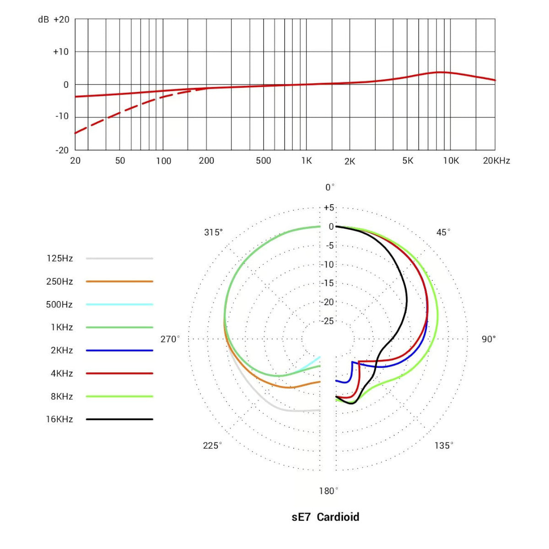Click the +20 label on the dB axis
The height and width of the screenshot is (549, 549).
[x=61, y=20]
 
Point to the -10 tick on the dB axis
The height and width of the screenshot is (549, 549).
[x=62, y=116]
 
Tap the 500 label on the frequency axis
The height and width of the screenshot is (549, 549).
[x=264, y=161]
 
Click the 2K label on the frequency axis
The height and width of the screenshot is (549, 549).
[x=350, y=161]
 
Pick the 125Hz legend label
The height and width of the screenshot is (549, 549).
[x=59, y=258]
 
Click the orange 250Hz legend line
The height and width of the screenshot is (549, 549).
[x=119, y=281]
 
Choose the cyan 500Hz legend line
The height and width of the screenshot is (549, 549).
[x=119, y=304]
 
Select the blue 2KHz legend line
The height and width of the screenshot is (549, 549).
[x=119, y=350]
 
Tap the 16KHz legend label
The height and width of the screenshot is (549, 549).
[x=59, y=419]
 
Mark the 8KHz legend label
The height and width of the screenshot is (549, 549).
[x=62, y=396]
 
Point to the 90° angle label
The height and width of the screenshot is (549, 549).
[x=489, y=339]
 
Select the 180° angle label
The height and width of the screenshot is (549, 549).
[x=328, y=491]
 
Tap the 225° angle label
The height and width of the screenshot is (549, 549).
[x=212, y=445]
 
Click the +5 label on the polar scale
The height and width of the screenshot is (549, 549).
[x=329, y=207]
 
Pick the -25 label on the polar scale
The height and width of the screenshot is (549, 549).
[x=328, y=321]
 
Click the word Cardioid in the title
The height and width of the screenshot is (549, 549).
[x=338, y=517]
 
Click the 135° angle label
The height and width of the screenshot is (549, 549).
[x=444, y=445]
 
